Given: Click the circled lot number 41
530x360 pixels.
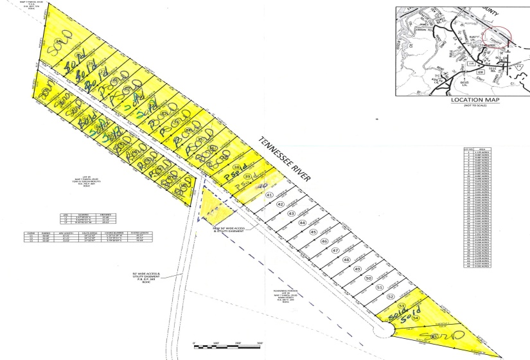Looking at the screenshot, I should pos(269,194).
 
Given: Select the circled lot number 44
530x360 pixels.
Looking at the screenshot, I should pos(302,222).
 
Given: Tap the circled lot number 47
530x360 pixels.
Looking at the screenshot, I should pos(335,250).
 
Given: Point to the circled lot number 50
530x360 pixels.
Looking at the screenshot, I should pos(368,278).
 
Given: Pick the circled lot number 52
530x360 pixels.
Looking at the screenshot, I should pos(391,296).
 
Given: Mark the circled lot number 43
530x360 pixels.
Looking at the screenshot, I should pos(291,213).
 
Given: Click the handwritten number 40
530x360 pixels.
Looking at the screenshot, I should pos(261,186).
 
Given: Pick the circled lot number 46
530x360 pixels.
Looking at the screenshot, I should pos(324,240).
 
